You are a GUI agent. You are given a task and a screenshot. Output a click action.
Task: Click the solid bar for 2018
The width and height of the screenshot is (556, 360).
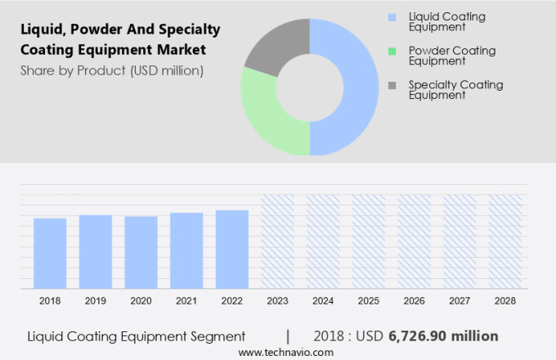click(x=50, y=253)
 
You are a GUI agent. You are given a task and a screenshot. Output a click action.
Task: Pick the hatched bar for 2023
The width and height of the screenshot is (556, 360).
click(x=278, y=241)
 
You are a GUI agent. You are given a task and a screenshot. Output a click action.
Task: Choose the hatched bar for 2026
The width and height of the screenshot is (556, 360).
click(x=414, y=241)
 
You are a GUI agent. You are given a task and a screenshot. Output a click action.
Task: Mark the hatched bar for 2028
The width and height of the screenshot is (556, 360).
click(x=505, y=241)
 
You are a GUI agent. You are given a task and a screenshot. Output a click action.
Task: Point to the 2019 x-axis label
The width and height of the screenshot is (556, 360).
click(x=95, y=301)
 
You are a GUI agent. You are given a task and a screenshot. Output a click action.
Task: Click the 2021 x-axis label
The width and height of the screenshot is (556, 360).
click(x=186, y=301)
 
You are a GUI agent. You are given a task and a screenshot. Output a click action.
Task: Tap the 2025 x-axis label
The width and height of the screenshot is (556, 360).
click(x=369, y=301)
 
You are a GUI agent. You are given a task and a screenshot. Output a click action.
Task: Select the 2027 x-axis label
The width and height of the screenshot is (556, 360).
click(x=460, y=301)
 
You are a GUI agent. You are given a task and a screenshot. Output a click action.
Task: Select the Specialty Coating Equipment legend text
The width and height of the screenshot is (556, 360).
click(x=455, y=89)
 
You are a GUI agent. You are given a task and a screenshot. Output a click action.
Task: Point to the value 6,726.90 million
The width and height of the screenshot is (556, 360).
click(x=444, y=336)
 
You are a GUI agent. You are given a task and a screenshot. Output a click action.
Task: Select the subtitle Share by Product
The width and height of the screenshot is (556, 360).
click(x=112, y=70)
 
